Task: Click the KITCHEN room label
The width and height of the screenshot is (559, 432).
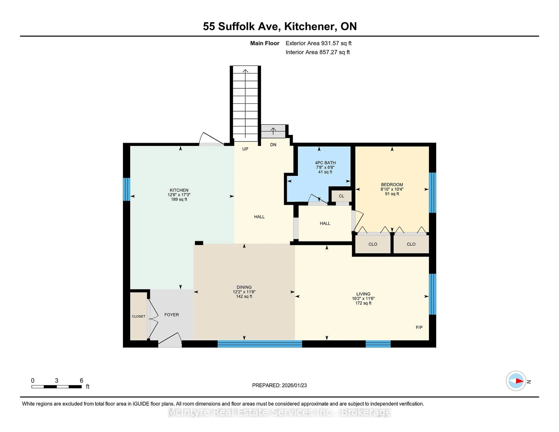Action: click(179, 190)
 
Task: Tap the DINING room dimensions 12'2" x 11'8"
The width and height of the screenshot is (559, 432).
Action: click(244, 292)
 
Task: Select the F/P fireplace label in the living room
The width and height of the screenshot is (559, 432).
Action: click(419, 327)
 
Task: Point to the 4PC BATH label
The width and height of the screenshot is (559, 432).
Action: click(325, 163)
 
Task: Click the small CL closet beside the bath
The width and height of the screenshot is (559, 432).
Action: click(341, 196)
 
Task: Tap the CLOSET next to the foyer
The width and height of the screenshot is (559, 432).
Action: click(138, 316)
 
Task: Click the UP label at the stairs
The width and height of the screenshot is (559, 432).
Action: click(245, 149)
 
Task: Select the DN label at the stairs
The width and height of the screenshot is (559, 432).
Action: click(273, 145)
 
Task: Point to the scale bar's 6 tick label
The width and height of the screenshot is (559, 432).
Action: click(81, 381)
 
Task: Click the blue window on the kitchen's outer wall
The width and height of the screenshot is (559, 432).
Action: click(127, 189)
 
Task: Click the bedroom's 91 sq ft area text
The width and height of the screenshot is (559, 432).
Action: click(392, 194)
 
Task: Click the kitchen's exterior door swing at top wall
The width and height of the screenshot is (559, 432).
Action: click(211, 139)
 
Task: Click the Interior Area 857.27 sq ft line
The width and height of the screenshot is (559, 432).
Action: click(317, 52)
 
